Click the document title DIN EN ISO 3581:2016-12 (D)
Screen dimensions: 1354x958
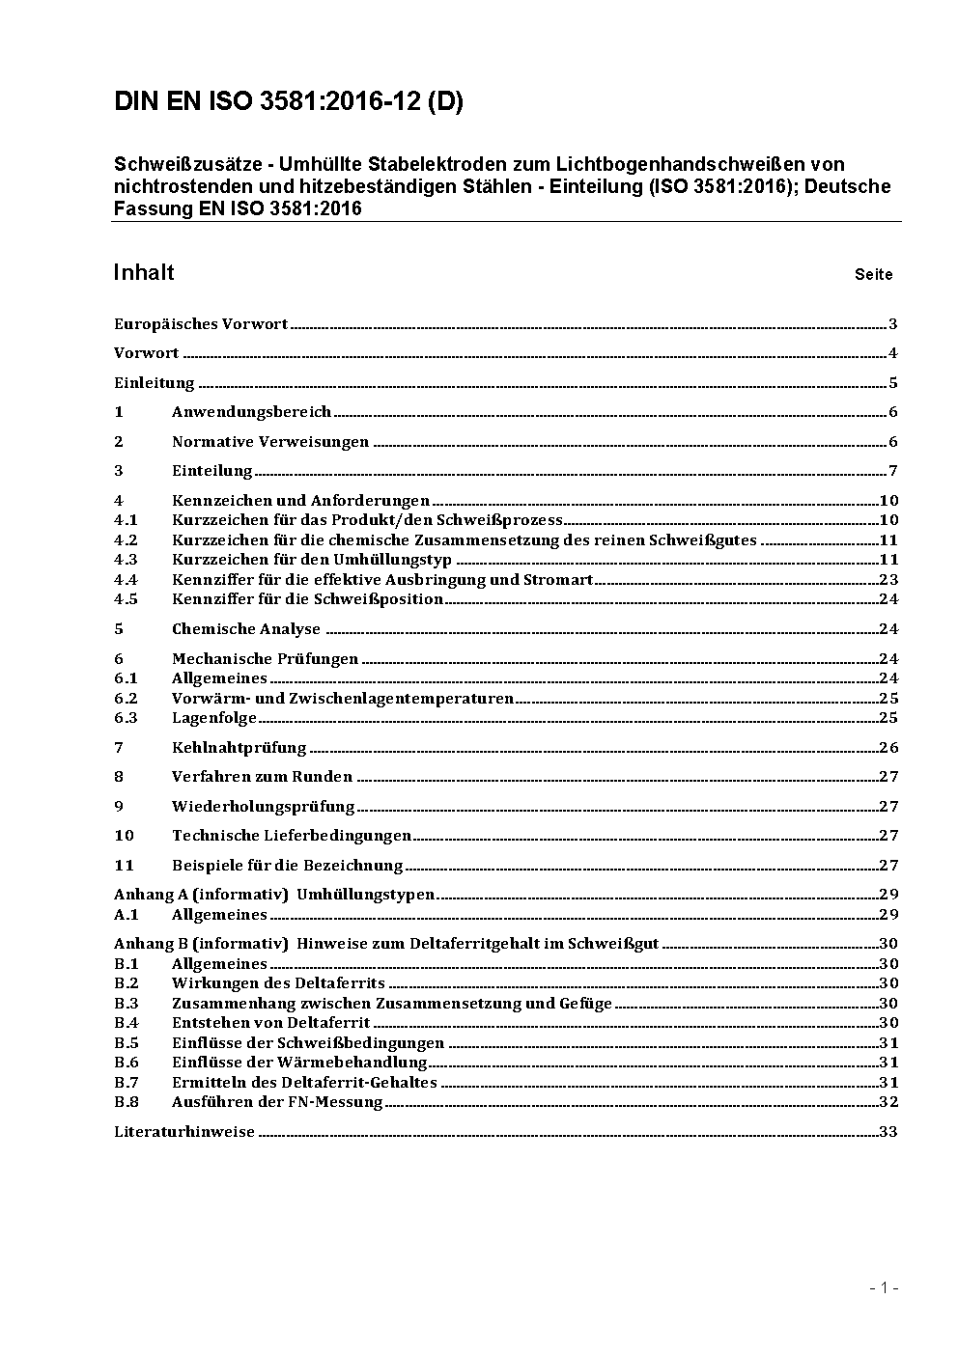[288, 102]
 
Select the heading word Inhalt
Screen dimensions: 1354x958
[144, 273]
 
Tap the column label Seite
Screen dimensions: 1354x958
[873, 275]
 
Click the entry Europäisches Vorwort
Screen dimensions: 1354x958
[201, 324]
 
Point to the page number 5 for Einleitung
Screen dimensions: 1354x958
[893, 383]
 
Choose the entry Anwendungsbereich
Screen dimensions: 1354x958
[251, 412]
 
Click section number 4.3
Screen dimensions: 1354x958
[126, 560]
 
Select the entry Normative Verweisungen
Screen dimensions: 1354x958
[270, 442]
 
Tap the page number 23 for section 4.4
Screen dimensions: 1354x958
[888, 580]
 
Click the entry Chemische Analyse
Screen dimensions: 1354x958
[245, 629]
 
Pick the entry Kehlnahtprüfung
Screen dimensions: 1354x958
[239, 748]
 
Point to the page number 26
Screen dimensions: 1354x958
[888, 748]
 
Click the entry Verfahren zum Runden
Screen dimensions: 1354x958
[262, 777]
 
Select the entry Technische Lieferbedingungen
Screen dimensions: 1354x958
[292, 836]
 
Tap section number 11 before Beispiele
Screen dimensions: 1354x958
[124, 866]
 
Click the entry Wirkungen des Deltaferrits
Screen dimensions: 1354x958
[278, 983]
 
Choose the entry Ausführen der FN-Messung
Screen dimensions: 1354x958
[277, 1102]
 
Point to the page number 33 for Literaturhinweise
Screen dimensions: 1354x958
[888, 1132]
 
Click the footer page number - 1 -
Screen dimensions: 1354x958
[884, 1287]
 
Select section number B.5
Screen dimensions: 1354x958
[127, 1043]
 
